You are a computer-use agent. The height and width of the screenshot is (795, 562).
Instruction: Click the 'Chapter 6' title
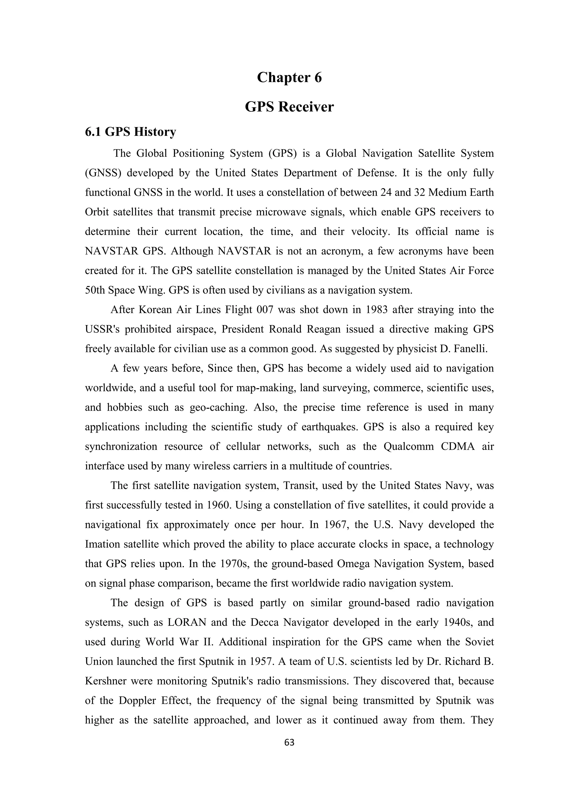point(289,77)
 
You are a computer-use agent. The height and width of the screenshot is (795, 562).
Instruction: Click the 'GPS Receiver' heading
point(289,107)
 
